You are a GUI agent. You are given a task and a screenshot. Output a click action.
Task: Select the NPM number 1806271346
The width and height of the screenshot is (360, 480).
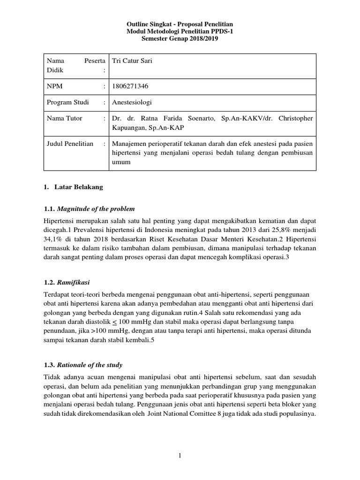129,86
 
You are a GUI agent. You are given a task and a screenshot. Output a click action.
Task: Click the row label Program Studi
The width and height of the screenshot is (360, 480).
67,102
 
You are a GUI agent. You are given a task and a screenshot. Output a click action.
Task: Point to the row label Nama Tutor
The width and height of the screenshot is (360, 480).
64,119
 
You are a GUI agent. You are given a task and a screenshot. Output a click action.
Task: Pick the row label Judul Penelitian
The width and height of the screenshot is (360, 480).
70,144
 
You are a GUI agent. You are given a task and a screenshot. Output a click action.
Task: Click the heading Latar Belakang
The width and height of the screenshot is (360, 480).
79,187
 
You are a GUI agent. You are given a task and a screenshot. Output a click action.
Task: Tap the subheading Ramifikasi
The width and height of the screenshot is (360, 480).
75,283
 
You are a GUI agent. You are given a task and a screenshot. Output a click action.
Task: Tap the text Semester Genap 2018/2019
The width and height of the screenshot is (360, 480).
180,38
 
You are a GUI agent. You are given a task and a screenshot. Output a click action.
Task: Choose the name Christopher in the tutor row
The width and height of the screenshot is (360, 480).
295,119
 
